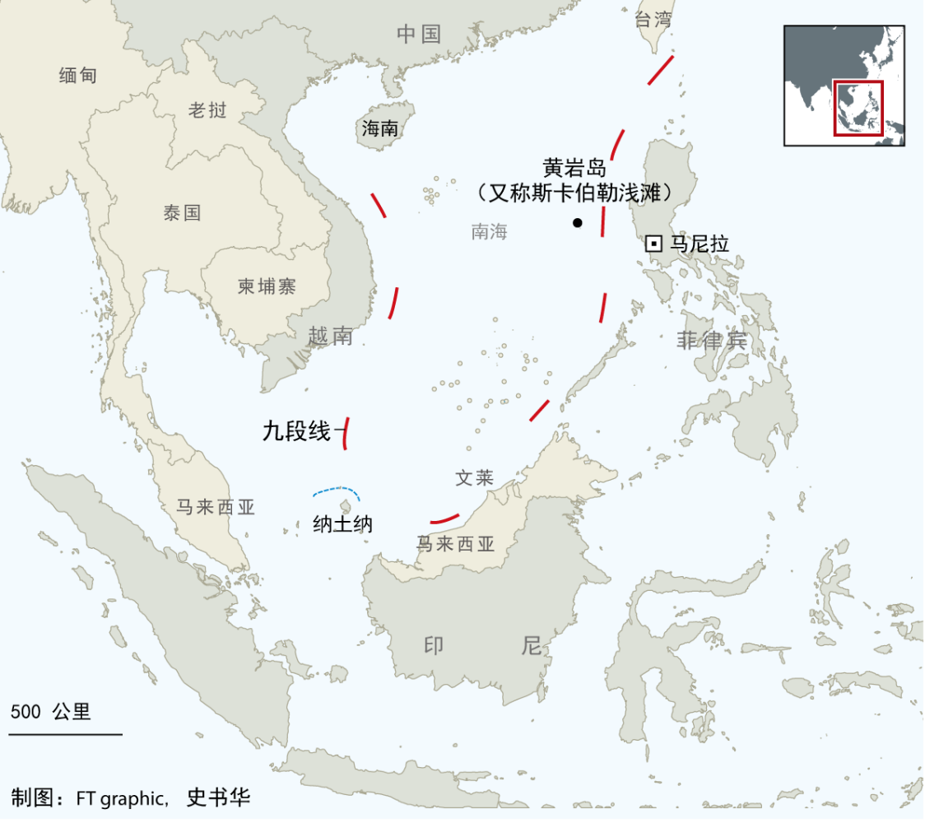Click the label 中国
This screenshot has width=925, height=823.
[419, 34]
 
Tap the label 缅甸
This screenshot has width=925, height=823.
[78, 75]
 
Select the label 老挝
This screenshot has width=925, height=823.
[207, 110]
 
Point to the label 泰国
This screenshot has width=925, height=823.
[182, 212]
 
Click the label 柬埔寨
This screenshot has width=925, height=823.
[267, 286]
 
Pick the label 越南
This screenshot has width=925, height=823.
[331, 336]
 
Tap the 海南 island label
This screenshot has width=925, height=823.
[380, 128]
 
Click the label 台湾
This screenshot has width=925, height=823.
[653, 20]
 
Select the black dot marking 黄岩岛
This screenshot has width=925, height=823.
[578, 222]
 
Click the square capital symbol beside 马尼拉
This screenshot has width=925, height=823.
[653, 244]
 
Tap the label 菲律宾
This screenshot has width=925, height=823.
[712, 340]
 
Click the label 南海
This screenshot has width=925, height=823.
[489, 231]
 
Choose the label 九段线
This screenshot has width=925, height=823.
[295, 430]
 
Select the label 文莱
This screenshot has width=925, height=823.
[474, 478]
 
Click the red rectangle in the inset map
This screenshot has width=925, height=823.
[858, 108]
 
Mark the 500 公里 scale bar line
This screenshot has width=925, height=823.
[66, 733]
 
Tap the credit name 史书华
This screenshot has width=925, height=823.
[218, 797]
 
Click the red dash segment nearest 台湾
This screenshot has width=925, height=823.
[661, 70]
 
